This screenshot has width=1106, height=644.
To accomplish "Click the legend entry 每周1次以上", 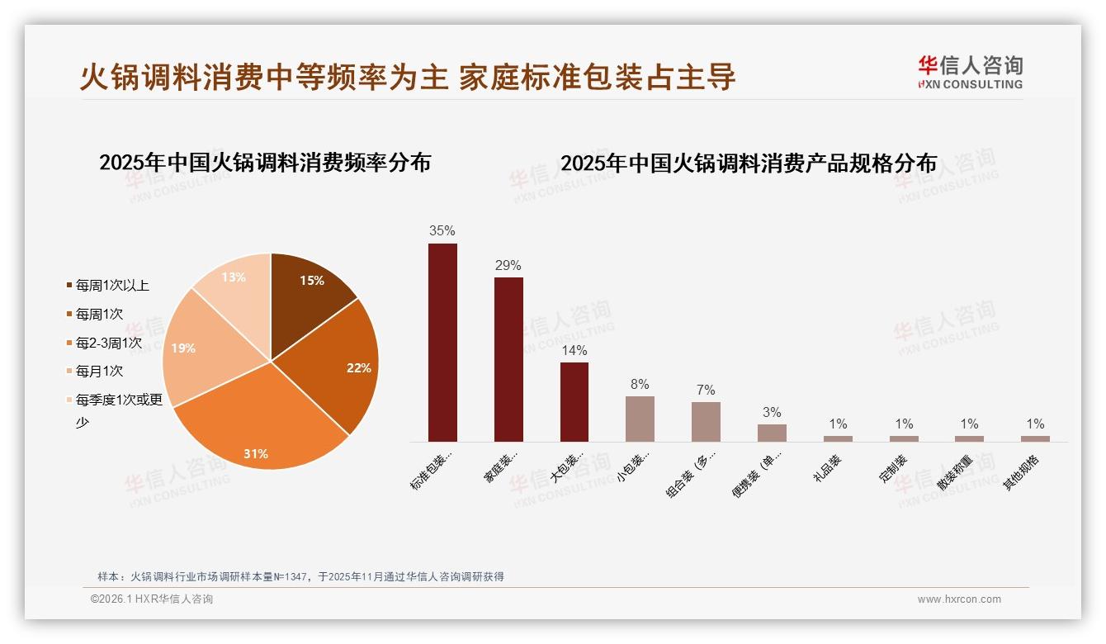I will [112, 286].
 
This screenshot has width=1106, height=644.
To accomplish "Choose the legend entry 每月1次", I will [99, 372].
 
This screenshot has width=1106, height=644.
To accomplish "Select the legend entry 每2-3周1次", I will [108, 343].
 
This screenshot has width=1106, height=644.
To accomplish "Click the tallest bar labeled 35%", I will [442, 342].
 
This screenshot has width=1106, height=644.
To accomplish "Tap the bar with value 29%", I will [508, 359].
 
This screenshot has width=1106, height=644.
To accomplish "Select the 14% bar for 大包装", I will [574, 401].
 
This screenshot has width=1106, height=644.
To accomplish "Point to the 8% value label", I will [640, 385].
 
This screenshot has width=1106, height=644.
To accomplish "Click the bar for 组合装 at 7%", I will [706, 421].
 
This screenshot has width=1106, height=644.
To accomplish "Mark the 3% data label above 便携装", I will [772, 413].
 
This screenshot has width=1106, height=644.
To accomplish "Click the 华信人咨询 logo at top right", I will [970, 72].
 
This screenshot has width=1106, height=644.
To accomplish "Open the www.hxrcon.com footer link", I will [959, 599].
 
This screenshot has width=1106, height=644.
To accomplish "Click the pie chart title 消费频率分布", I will [265, 163].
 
